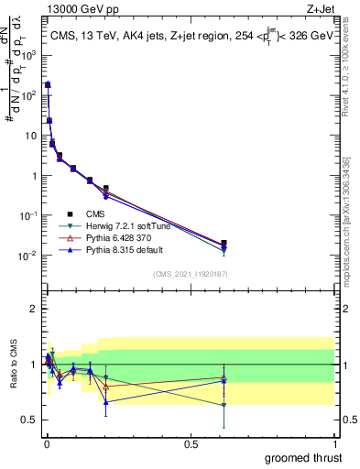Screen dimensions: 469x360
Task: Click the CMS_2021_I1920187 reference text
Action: [x=189, y=274]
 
